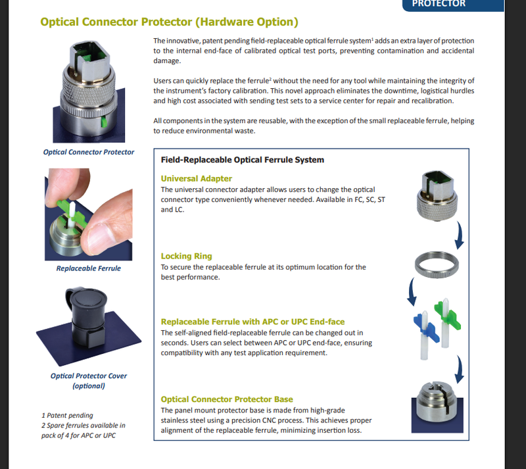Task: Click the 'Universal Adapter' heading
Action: [x=196, y=178]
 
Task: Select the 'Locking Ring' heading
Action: [x=186, y=256]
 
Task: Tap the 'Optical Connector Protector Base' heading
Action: [x=227, y=399]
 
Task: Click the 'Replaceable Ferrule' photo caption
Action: [x=89, y=268]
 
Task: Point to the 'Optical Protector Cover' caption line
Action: [x=89, y=376]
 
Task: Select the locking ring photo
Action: [x=437, y=264]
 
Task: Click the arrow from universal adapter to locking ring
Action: [x=460, y=235]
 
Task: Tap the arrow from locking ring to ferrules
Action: [x=412, y=291]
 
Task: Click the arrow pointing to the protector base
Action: [x=460, y=369]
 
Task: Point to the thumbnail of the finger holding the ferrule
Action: [x=89, y=214]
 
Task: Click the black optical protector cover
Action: [x=87, y=317]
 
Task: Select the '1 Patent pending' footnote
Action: [x=67, y=415]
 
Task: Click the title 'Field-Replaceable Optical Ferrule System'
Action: [x=243, y=160]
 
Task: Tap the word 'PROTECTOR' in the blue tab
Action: [x=439, y=4]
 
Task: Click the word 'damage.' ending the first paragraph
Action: [x=167, y=61]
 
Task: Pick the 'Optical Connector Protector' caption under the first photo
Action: [x=89, y=152]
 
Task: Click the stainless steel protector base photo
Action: [x=437, y=407]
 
